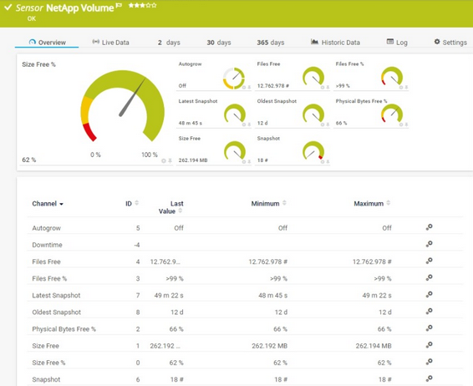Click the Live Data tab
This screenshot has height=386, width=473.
[x=111, y=42]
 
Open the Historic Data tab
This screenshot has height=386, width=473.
[x=335, y=42]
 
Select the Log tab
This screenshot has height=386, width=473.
[x=397, y=42]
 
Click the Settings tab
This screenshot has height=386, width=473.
[x=450, y=42]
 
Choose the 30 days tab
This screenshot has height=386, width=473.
[x=218, y=42]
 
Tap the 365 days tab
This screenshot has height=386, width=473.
[x=270, y=42]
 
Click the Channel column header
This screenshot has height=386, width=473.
[x=48, y=204]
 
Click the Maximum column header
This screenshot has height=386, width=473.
[x=369, y=203]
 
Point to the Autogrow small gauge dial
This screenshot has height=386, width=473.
[x=234, y=78]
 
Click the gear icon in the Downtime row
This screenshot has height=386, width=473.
[x=429, y=244]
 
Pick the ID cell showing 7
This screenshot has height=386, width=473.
[x=138, y=295]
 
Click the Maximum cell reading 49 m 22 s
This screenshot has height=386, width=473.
[x=371, y=295]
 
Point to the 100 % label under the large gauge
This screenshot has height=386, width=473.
[x=150, y=155]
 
